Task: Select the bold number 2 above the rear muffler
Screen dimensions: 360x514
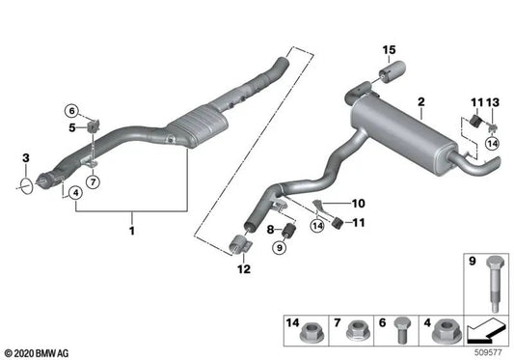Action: pyautogui.click(x=420, y=101)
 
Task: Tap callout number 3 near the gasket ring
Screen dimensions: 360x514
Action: pyautogui.click(x=26, y=157)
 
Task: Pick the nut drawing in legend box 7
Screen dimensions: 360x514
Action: pyautogui.click(x=355, y=330)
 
